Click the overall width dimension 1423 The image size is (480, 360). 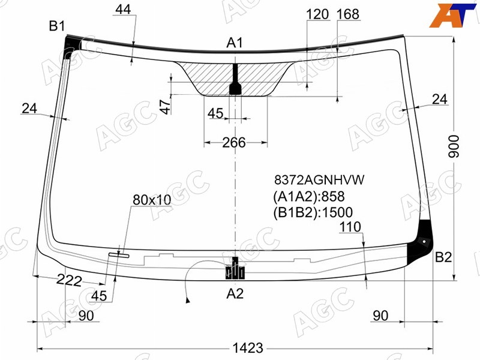pos(248,348)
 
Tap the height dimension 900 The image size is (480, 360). pos(454,146)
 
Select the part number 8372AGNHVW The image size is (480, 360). pos(319,180)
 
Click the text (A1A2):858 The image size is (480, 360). pos(309,196)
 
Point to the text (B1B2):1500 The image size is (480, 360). pos(313,212)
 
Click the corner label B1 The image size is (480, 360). pos(57,26)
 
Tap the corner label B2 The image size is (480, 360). pos(443,257)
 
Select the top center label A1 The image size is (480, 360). pos(235,43)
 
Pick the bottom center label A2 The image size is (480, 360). pos(235,293)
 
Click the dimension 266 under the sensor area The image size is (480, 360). pos(234,142)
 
